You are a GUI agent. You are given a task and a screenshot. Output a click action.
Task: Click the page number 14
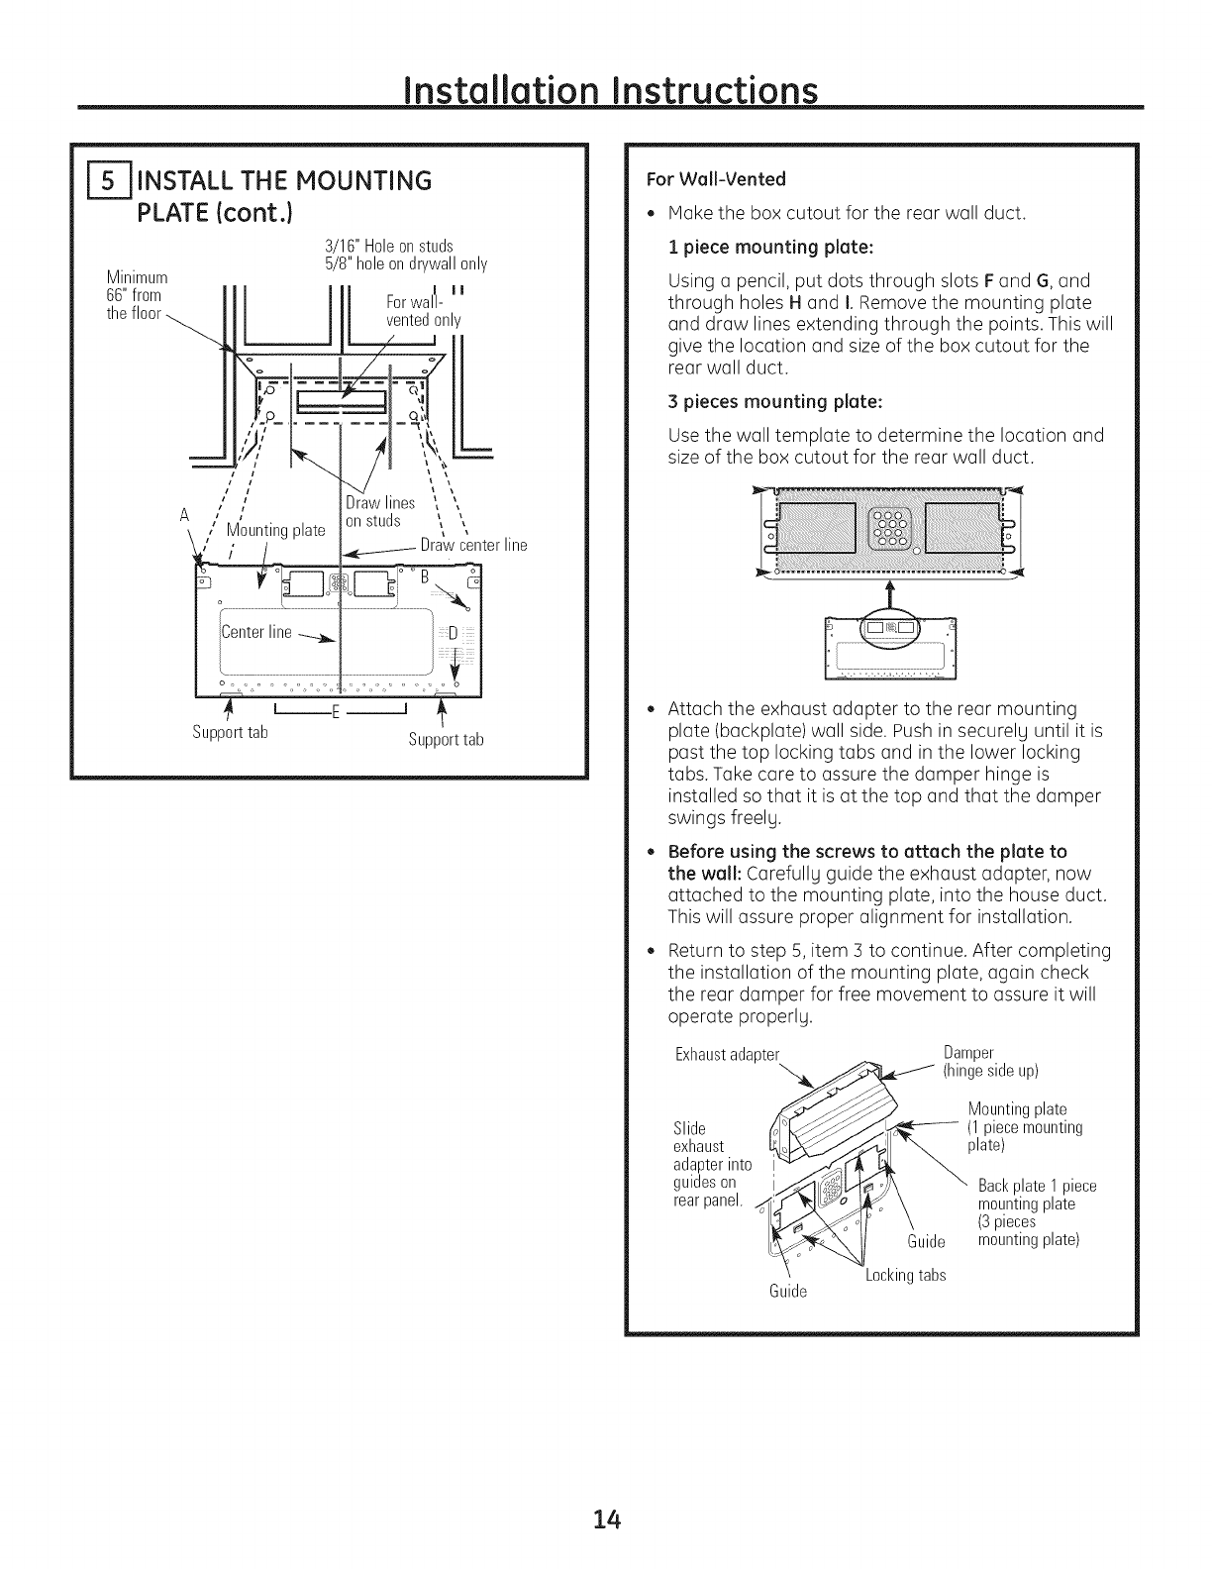pos(606,1518)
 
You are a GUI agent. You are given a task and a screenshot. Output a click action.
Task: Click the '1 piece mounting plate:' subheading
pos(757,247)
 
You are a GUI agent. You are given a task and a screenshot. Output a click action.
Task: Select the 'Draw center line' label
pos(473,545)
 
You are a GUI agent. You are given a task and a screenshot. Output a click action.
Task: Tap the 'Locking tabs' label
pos(905,1275)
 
